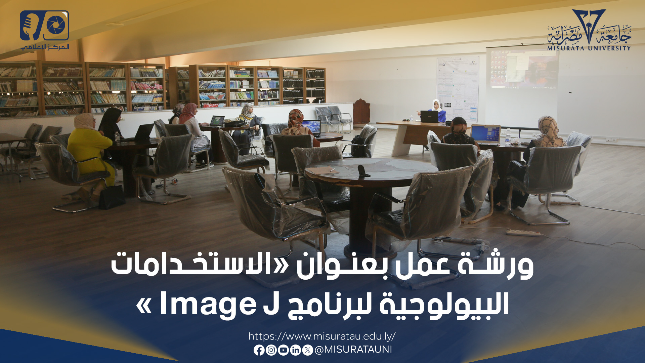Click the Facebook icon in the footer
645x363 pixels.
tap(259, 350)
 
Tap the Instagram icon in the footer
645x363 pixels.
tap(271, 350)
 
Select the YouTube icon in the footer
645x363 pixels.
tap(283, 350)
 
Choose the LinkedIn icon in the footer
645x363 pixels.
tap(295, 350)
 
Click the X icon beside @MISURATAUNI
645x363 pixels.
tap(307, 350)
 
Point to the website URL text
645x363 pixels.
tap(322, 336)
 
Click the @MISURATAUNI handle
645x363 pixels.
tap(353, 350)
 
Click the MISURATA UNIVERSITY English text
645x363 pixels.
tap(589, 48)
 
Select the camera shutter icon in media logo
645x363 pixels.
tap(56, 25)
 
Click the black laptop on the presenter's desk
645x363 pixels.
tap(429, 117)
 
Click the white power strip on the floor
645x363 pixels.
tap(523, 232)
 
